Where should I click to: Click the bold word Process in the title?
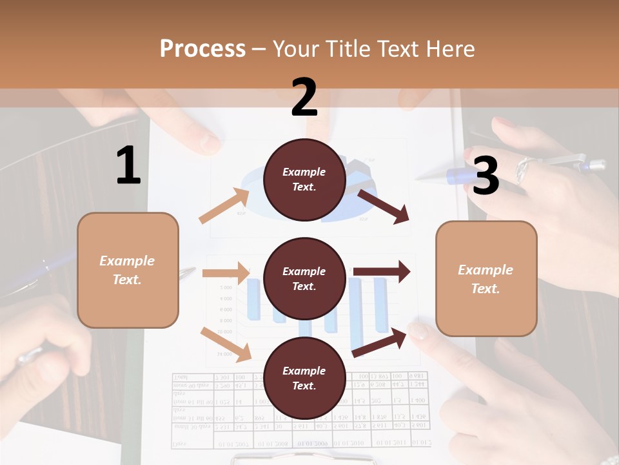click(202, 48)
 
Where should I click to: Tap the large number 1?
click(128, 166)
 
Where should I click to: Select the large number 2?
click(304, 98)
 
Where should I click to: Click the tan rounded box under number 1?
click(128, 270)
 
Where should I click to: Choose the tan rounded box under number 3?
click(486, 278)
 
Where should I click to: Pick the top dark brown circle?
click(304, 180)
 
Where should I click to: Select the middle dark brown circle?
click(304, 278)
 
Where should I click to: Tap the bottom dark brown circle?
click(304, 378)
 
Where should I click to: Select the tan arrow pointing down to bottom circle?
click(226, 344)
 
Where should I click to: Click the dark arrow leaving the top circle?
click(384, 207)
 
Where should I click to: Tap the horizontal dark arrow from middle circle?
click(382, 272)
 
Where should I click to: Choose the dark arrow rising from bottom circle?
click(380, 342)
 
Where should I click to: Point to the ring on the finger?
click(522, 169)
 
